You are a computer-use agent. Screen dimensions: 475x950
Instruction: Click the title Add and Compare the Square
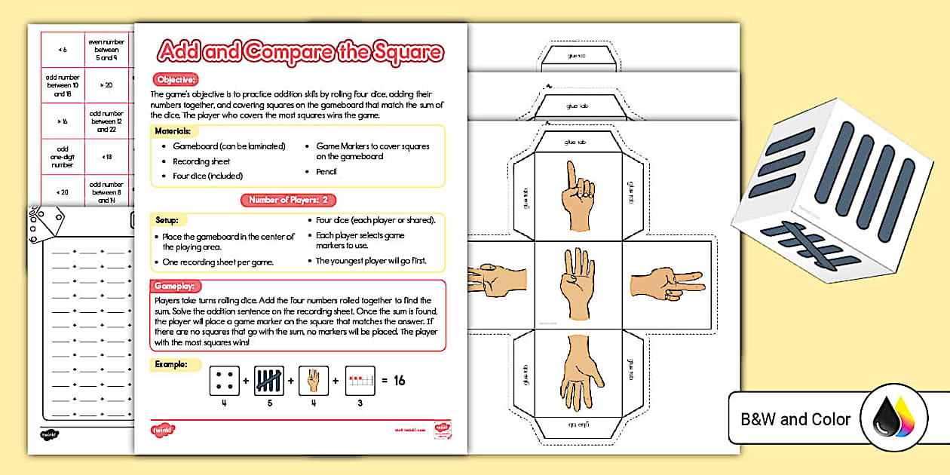[300, 52]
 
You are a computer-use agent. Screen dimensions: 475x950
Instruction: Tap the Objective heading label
[176, 79]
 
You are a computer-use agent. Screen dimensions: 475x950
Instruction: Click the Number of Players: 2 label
[288, 200]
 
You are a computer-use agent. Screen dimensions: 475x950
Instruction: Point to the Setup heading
[167, 221]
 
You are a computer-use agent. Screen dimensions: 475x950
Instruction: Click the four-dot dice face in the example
[225, 381]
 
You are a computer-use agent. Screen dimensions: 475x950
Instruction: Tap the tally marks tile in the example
[269, 381]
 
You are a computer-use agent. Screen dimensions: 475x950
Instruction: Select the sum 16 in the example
[399, 381]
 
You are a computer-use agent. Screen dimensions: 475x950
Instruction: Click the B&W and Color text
[795, 419]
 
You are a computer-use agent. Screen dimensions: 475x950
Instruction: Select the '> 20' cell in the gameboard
[107, 85]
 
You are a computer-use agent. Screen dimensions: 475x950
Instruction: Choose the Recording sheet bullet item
[201, 161]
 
